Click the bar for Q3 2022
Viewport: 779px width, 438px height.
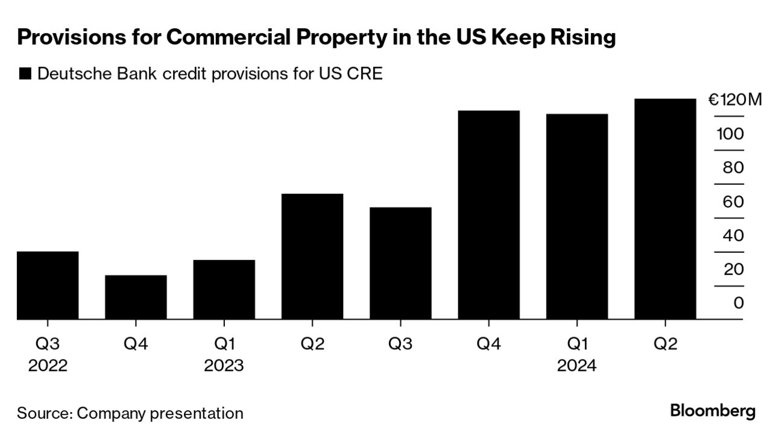click(48, 285)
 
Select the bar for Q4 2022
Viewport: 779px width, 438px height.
click(136, 297)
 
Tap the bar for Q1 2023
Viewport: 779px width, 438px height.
click(224, 289)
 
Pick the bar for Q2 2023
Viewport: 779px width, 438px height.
click(312, 256)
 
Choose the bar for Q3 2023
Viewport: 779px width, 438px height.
click(400, 263)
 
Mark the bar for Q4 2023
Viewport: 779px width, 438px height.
click(489, 214)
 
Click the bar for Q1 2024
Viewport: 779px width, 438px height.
click(577, 216)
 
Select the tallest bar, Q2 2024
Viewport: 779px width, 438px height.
click(665, 209)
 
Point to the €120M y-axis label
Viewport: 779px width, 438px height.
click(735, 100)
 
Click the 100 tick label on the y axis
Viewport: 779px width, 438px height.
click(730, 134)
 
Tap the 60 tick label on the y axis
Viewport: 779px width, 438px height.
click(733, 202)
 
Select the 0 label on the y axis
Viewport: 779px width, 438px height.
click(738, 303)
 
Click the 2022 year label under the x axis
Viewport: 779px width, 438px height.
click(48, 366)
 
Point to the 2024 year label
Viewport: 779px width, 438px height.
click(577, 366)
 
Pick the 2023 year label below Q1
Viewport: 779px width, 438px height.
click(224, 366)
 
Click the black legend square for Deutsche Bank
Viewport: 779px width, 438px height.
click(25, 74)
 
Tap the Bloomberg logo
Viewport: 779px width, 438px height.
click(713, 411)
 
